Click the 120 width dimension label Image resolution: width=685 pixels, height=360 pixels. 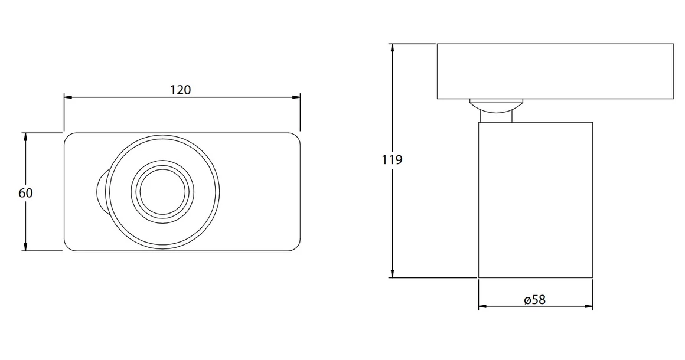click(x=181, y=90)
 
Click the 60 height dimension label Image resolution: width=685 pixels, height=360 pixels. click(x=25, y=193)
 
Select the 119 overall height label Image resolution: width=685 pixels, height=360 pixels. click(x=393, y=159)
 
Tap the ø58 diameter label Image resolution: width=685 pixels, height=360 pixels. click(x=534, y=300)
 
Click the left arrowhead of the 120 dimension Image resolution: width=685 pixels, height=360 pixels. click(x=67, y=97)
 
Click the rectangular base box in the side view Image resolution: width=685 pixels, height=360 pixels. click(x=554, y=71)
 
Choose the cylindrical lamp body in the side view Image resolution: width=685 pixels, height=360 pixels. click(x=535, y=201)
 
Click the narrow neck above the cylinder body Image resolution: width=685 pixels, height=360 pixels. click(x=495, y=117)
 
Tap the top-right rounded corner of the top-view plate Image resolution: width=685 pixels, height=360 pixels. click(x=295, y=138)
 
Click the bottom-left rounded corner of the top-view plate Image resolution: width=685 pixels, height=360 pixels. click(x=69, y=246)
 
